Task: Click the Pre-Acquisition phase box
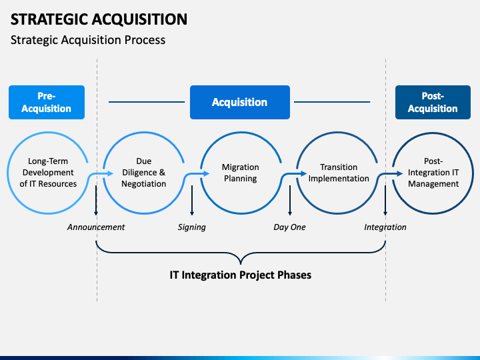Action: coord(47,102)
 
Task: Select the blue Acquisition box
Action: coord(240,102)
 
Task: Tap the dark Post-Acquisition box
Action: coord(433,102)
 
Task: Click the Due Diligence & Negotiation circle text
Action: coord(143,173)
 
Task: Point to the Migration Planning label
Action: coord(240,173)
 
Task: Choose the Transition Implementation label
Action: coord(339,173)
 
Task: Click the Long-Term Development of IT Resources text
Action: coord(48,173)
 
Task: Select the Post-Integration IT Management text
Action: coord(433,173)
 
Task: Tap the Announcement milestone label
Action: coord(96,227)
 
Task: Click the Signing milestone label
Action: coord(191,227)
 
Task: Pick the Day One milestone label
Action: coord(289,227)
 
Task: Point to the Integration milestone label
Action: coord(385,227)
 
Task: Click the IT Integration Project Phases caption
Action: coord(240,275)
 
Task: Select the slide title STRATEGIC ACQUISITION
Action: coord(99,19)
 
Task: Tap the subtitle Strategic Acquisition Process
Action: coord(88,40)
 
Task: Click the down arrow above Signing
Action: coord(192,201)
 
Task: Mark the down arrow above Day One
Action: coord(290,201)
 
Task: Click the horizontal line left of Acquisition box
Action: coord(147,102)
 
